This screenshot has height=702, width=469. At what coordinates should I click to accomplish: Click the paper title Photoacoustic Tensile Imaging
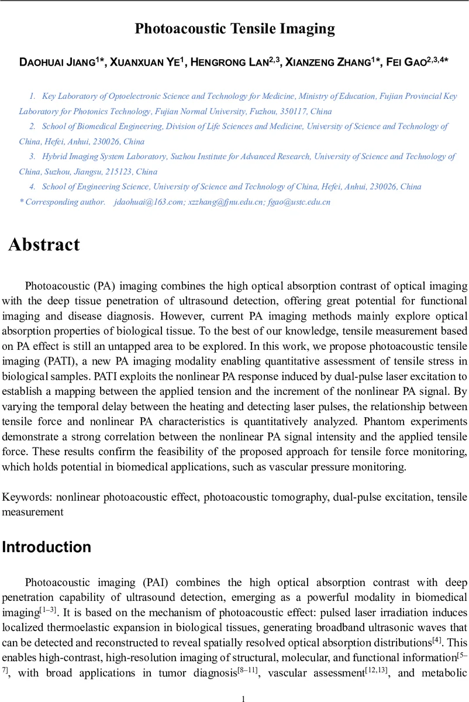point(235,29)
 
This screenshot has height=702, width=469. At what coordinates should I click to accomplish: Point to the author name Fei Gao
point(404,63)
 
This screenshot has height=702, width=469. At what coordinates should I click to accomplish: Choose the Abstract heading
point(44,245)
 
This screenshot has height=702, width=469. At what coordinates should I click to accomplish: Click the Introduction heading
point(47,548)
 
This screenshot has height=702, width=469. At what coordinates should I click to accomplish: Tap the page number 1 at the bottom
point(243,694)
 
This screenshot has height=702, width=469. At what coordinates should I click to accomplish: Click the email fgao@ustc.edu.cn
point(298,202)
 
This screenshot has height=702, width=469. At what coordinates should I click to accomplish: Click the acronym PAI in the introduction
point(153,583)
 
